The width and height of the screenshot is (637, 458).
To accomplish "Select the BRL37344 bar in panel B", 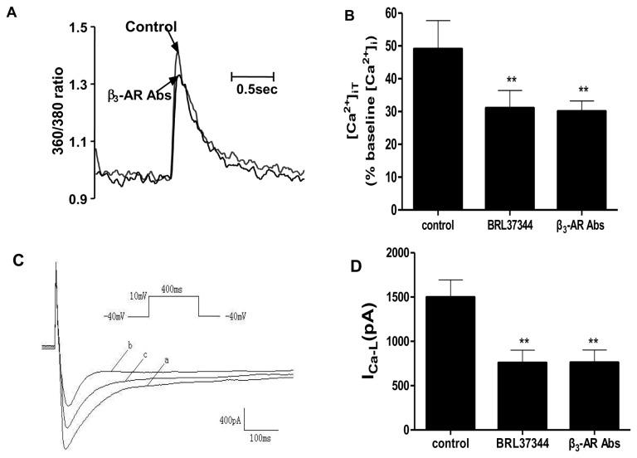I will pos(513,158).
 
